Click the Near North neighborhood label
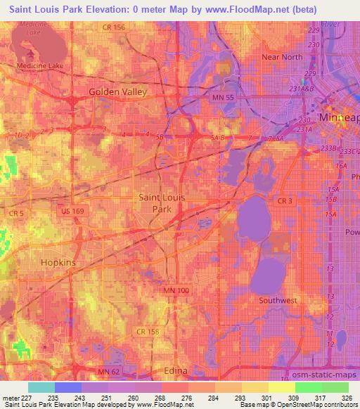(281, 57)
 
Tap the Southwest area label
(278, 300)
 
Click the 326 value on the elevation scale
(345, 398)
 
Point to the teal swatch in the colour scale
(41, 387)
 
